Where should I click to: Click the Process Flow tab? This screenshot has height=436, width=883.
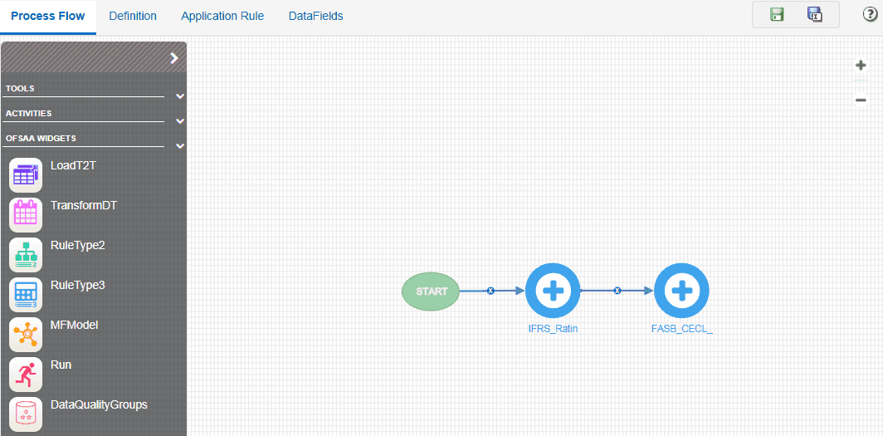pos(48,16)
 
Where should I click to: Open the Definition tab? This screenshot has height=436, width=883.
pos(133,16)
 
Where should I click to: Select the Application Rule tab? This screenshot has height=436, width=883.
pos(222,16)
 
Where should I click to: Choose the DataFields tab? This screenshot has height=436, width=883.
pos(315,16)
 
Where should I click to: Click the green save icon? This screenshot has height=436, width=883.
pos(777,14)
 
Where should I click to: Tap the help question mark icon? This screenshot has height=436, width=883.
pos(870,14)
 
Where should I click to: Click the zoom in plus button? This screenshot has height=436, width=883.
pos(861,66)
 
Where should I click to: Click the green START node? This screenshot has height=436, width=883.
pos(431,291)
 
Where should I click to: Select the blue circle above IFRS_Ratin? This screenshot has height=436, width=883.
pos(553,291)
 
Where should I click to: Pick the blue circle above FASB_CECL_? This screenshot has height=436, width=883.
pos(681,291)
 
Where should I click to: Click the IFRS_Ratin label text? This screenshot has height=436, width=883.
pos(553,328)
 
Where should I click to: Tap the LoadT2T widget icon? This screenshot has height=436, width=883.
pos(26,174)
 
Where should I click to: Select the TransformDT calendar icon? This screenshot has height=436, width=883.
pos(26,214)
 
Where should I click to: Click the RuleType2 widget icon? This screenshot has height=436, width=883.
pos(26,254)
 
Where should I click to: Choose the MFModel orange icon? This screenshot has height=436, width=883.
pos(26,334)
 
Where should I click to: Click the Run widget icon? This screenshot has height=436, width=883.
pos(26,374)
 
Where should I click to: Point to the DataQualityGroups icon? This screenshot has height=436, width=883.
pos(26,413)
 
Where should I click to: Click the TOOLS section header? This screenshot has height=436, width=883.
pos(21,88)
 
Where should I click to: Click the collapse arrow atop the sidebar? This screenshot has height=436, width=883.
pos(174,58)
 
